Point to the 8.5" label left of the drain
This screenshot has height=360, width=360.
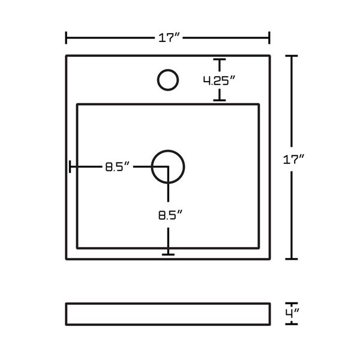point(118,167)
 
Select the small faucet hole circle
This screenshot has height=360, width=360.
point(167,80)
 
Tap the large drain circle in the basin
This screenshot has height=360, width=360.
point(168,166)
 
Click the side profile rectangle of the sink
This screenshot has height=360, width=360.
point(168,313)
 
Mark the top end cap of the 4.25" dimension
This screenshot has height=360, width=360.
point(220,60)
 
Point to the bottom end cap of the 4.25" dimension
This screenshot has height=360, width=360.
point(220,100)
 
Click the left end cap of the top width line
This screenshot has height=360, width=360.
point(66,38)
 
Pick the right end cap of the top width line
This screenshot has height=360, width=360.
point(269,38)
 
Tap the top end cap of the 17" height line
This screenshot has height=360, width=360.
point(291,56)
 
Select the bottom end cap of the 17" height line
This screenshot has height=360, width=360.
point(291,259)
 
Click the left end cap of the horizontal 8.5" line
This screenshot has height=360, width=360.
point(70,167)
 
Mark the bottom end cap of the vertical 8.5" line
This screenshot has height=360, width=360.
point(168,254)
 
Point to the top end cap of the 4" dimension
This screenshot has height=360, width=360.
point(291,302)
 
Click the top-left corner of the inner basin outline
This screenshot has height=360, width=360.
point(77,104)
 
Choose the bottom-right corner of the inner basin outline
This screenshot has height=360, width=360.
point(259,248)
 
